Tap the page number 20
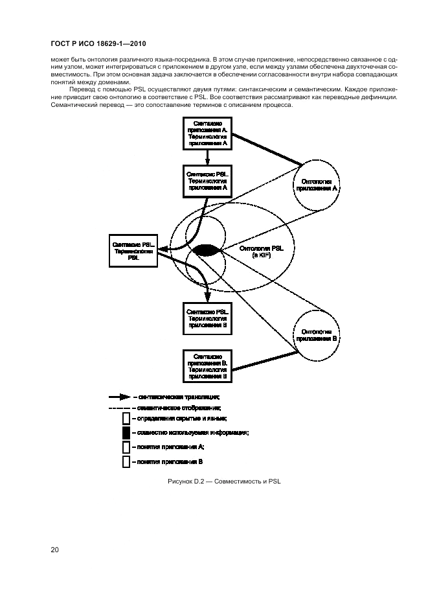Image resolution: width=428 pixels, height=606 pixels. coord(55,550)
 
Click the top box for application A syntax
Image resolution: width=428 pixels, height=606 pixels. coord(207,134)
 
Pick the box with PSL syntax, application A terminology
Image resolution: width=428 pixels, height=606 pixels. coord(207,181)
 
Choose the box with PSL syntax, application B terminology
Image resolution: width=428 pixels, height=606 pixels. coord(207,316)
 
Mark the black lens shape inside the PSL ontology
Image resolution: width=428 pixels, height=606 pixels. coord(205,250)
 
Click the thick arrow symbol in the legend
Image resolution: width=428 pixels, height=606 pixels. coord(120,397)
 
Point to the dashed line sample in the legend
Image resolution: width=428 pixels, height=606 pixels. coord(120,408)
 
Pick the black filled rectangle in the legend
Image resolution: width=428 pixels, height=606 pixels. coord(126,433)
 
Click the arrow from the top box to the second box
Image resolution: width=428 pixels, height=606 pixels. coord(207,156)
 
